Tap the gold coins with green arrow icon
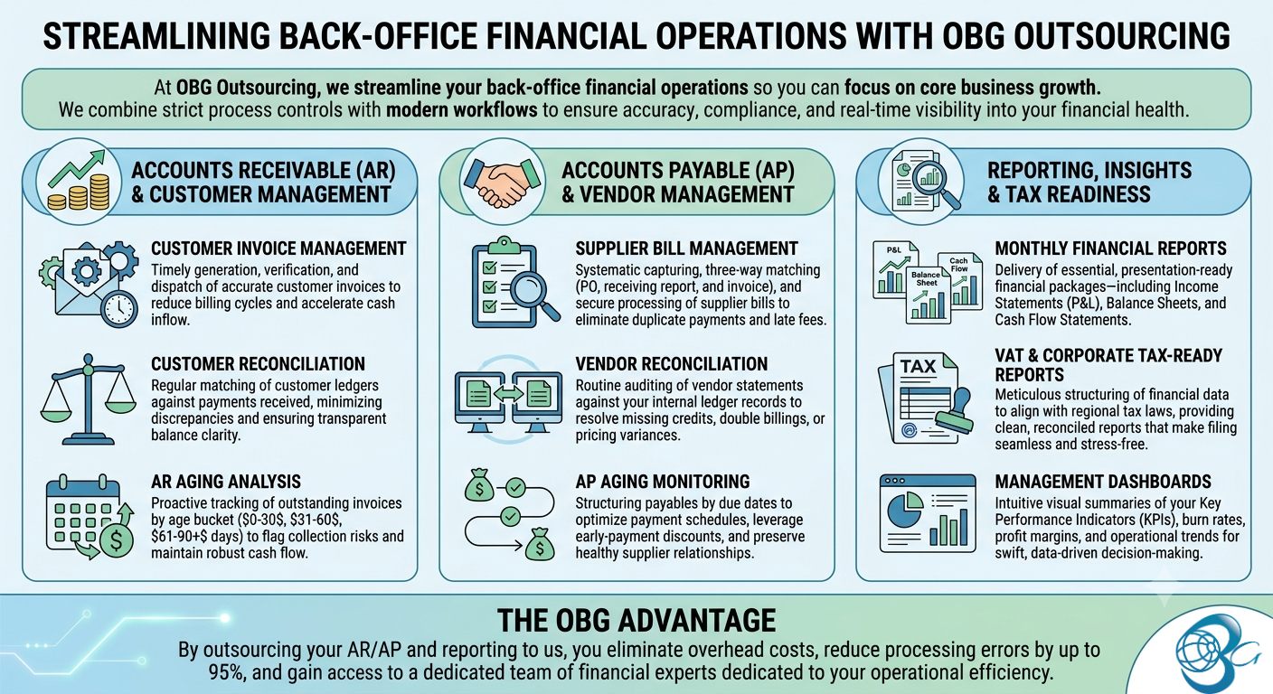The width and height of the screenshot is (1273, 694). [79, 181]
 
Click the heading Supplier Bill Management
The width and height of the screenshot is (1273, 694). [686, 249]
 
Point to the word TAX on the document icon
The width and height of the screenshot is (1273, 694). [918, 366]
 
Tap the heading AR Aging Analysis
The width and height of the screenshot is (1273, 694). [226, 482]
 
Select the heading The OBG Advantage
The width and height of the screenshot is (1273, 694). [636, 620]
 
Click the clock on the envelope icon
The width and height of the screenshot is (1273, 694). [119, 308]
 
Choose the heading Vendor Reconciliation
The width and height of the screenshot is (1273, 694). [671, 363]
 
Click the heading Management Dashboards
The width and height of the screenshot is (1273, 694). [1103, 482]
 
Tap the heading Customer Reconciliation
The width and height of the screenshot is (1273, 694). [258, 363]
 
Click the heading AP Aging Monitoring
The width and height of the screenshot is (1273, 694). [663, 482]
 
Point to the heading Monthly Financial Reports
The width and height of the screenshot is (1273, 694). [1110, 249]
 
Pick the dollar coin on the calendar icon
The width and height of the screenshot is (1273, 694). [117, 540]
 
